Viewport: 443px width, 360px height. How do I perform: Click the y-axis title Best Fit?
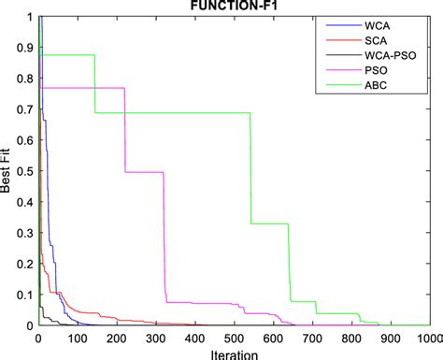click(7, 171)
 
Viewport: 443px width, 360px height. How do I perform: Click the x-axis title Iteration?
click(234, 353)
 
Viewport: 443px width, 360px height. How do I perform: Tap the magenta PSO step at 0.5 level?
click(144, 172)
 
